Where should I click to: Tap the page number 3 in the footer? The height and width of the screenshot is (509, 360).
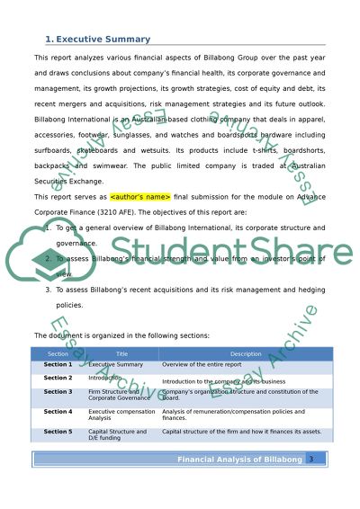(x=310, y=459)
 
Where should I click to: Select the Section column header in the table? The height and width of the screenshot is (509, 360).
(x=58, y=354)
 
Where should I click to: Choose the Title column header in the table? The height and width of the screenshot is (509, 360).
(x=121, y=354)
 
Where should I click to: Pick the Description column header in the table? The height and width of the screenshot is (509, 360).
(x=246, y=354)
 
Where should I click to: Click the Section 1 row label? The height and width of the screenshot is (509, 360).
(x=58, y=365)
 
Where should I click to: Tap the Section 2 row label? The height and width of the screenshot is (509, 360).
(x=58, y=379)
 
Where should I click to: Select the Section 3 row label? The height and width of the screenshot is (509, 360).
(x=58, y=392)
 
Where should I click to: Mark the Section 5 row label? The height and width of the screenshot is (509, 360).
(x=58, y=432)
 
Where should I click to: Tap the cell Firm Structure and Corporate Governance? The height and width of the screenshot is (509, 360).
(x=119, y=395)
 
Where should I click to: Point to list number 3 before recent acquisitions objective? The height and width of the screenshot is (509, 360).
(x=48, y=292)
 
